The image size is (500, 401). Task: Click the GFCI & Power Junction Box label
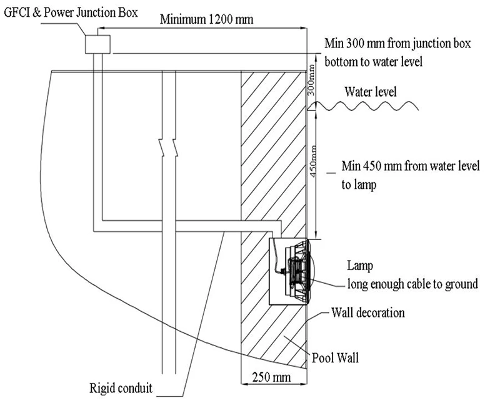click(71, 12)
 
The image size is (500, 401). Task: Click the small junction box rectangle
click(97, 44)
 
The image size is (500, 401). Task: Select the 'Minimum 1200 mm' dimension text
click(206, 19)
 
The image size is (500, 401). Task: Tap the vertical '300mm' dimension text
click(311, 80)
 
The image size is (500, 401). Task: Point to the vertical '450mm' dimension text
click(313, 162)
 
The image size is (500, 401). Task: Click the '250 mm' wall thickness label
click(272, 377)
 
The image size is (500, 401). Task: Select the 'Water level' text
click(370, 92)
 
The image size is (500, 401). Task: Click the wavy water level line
click(364, 106)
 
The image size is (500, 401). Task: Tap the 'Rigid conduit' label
click(121, 389)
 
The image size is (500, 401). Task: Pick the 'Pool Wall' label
click(335, 358)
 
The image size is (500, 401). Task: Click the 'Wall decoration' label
click(368, 313)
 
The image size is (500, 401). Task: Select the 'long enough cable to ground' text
click(412, 284)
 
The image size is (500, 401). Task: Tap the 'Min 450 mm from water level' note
click(411, 166)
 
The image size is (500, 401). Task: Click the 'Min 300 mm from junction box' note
click(397, 43)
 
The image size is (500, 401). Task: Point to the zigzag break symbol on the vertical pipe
click(169, 147)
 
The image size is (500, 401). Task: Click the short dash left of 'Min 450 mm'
click(332, 173)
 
